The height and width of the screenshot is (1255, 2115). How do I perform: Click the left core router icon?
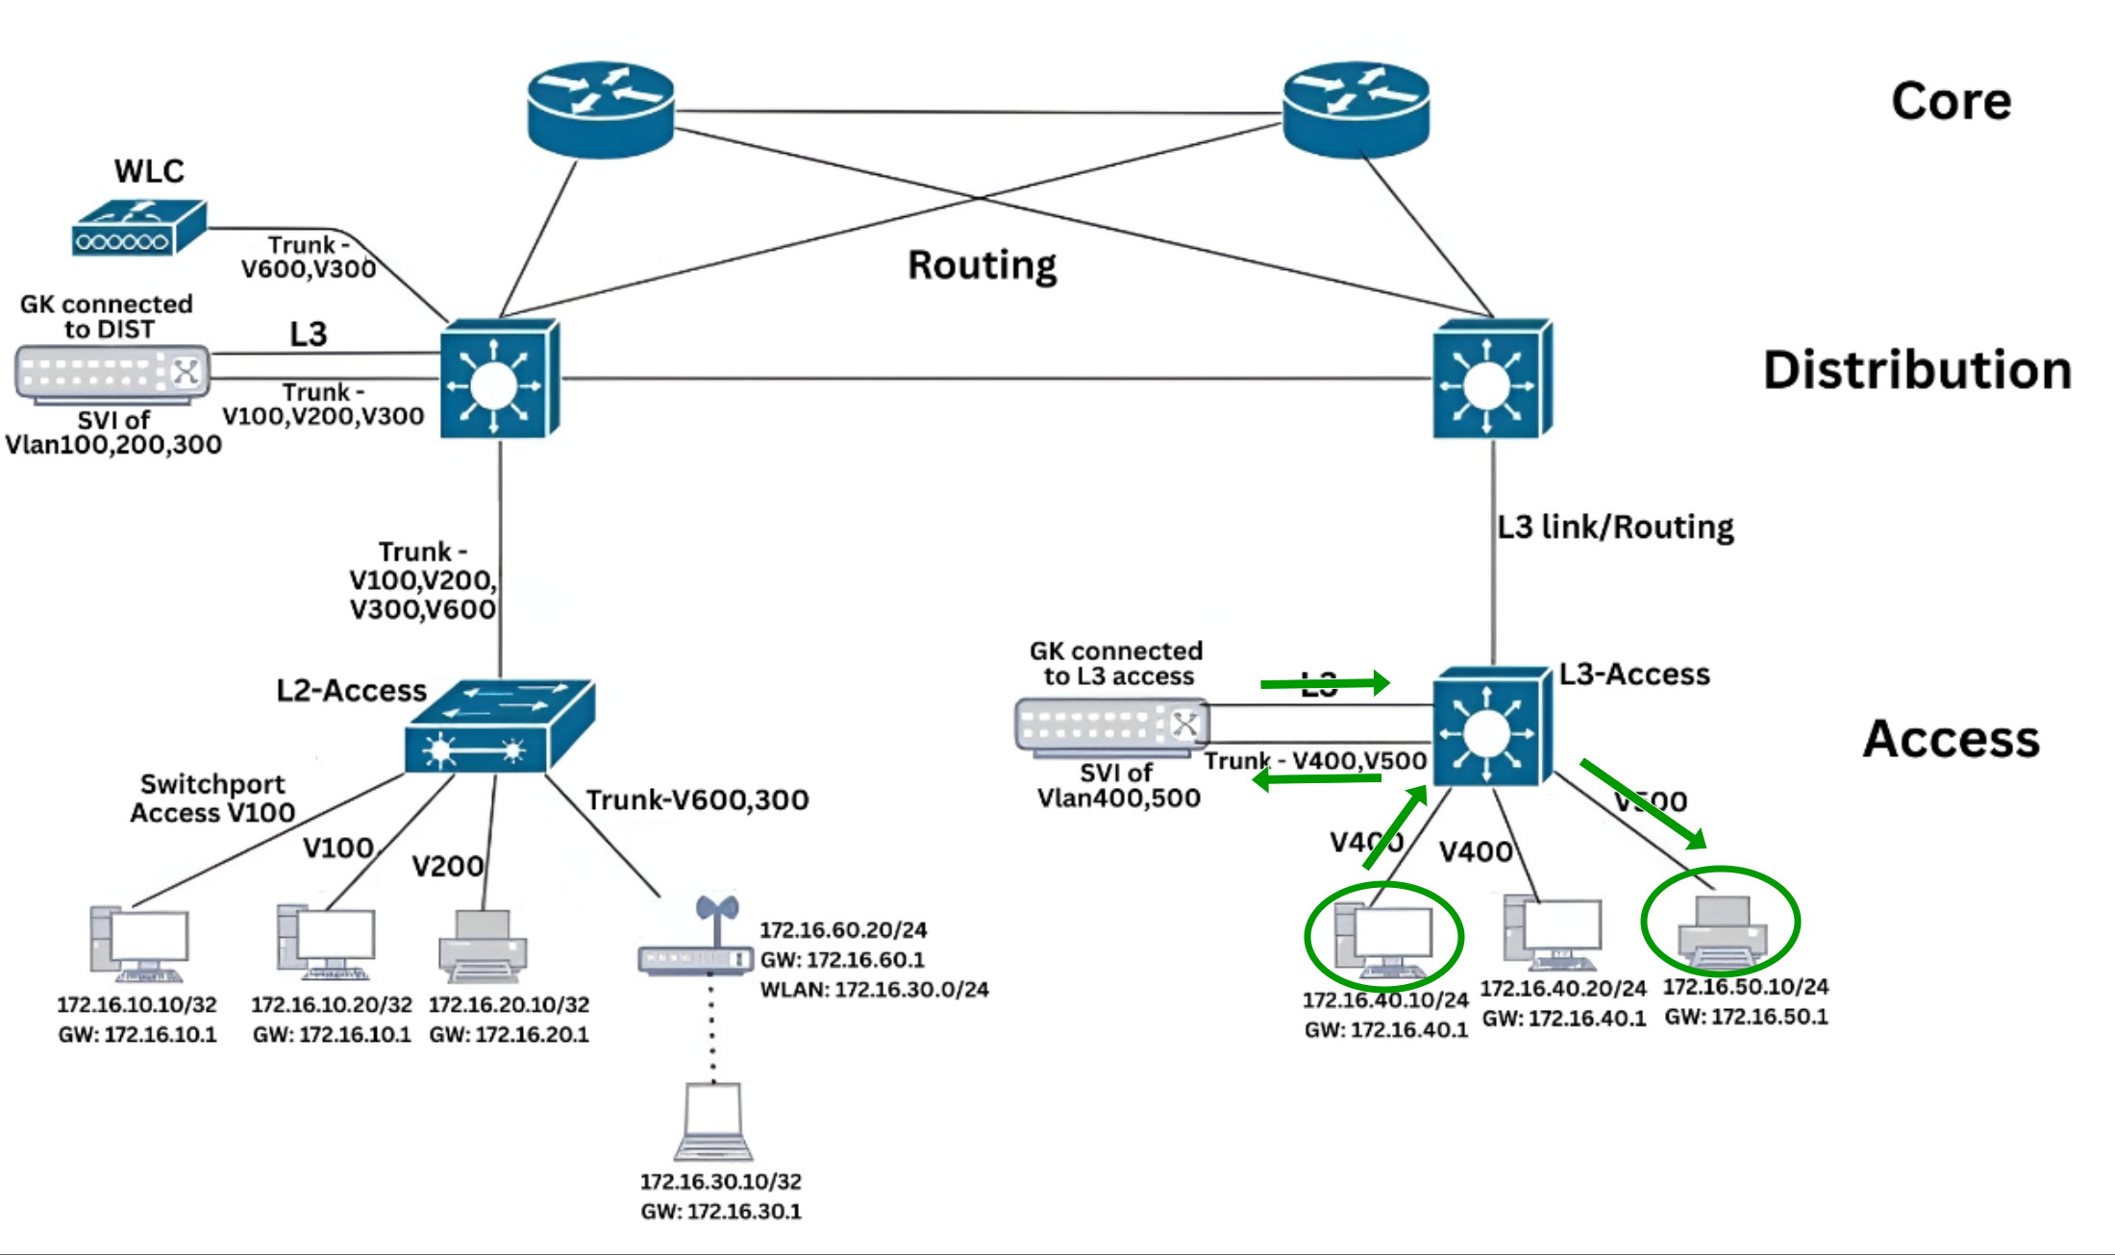coord(601,109)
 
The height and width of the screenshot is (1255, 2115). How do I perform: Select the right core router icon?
coord(1356,109)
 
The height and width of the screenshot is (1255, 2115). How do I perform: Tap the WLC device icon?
coord(139,228)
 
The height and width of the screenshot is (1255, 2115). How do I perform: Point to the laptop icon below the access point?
coord(713,1122)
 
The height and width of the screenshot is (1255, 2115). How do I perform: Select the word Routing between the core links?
coord(982,265)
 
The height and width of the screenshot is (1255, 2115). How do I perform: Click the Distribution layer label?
coord(1916,370)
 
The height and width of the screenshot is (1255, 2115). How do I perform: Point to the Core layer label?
coord(1951,101)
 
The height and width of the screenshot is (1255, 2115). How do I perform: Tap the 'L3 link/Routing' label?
coord(1615,527)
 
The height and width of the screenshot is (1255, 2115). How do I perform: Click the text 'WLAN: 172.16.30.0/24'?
coord(874,989)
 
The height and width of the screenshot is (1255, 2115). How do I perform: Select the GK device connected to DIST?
coord(112,373)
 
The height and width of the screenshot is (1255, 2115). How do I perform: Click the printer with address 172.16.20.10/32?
coord(483,947)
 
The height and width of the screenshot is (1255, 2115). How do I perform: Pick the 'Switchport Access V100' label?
coord(211,799)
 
